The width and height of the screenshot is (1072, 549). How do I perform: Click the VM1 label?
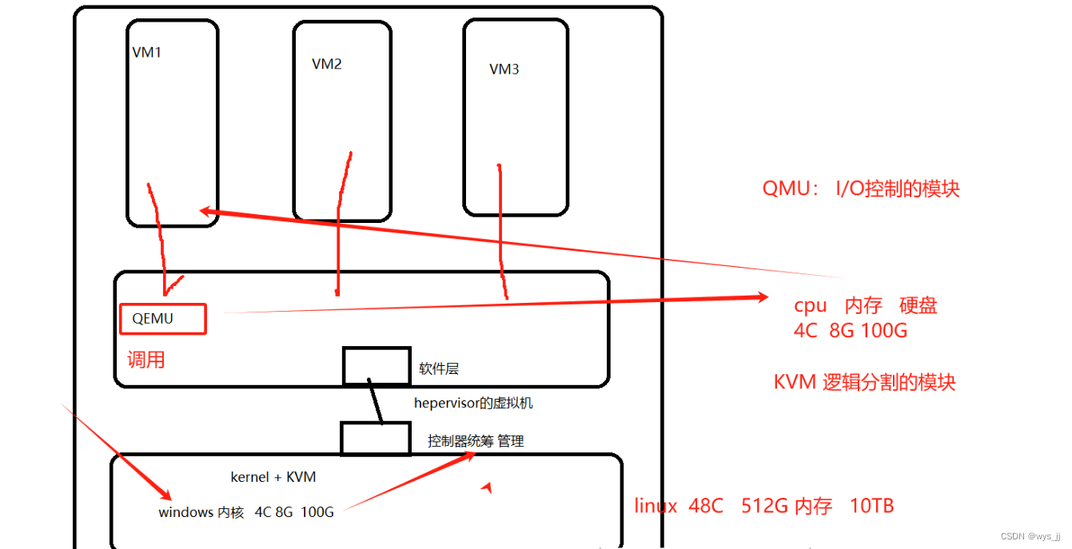(147, 53)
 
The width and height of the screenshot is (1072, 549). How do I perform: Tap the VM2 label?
(327, 64)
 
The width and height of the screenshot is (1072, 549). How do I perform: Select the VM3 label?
(504, 70)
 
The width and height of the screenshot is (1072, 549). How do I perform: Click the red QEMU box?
(163, 319)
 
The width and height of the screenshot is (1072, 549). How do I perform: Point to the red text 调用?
(146, 360)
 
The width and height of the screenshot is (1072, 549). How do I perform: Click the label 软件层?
(439, 369)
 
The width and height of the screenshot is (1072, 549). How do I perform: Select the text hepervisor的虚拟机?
(473, 403)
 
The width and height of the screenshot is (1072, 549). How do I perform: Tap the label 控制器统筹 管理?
(476, 440)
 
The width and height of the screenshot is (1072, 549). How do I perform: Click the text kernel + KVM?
(273, 477)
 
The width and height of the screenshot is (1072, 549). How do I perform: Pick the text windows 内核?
(201, 512)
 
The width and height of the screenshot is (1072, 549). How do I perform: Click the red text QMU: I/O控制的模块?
(860, 189)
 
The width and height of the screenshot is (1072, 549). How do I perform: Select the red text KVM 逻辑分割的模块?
(864, 382)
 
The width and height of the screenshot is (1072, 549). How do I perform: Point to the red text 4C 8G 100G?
(851, 330)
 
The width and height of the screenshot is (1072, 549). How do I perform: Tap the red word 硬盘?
(918, 305)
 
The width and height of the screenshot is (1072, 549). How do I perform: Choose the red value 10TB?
(872, 506)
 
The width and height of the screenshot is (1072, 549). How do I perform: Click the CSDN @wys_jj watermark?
(1031, 536)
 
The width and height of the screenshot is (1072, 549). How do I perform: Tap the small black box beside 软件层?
(377, 366)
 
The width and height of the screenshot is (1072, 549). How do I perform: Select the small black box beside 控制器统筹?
(376, 439)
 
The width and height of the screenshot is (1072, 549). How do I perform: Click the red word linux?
(656, 506)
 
